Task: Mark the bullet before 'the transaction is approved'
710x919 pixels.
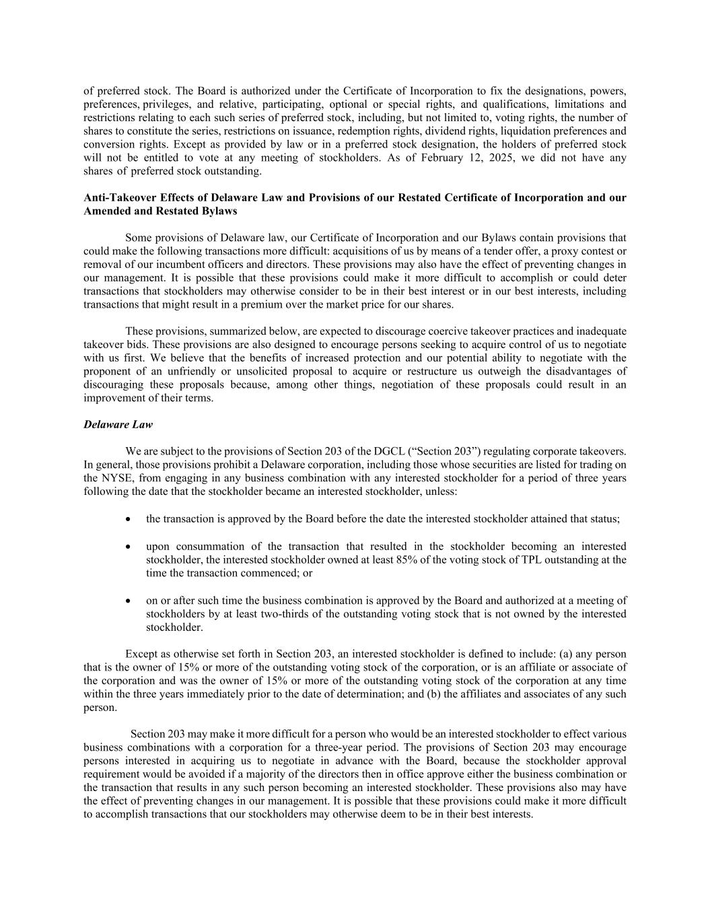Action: point(129,519)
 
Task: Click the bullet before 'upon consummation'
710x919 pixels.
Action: point(129,547)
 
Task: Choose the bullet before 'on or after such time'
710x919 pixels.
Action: point(129,601)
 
